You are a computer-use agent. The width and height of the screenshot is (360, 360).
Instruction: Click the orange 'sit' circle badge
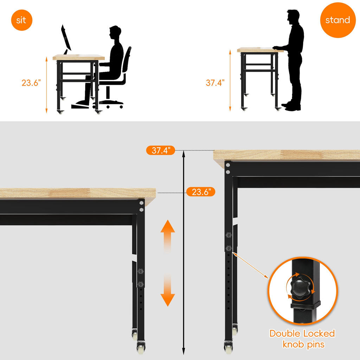tap(21, 20)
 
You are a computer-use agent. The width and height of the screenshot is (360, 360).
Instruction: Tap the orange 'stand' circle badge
tap(338, 20)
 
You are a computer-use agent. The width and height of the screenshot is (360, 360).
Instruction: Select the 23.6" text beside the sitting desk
tap(31, 83)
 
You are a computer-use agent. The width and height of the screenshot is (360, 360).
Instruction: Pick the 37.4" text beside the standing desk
tap(215, 83)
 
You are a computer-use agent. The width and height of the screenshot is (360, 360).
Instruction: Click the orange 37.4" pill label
tap(161, 150)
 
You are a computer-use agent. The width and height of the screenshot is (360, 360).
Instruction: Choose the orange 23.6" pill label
tap(201, 192)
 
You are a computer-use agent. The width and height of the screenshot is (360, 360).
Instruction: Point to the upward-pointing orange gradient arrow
tap(168, 237)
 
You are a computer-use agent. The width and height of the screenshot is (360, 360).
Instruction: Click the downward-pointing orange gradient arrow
tap(168, 290)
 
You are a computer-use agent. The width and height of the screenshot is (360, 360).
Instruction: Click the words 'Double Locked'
tap(302, 334)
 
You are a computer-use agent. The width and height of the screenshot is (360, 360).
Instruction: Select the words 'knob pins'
tap(303, 345)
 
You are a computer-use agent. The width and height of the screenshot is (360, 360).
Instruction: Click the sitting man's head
tap(115, 32)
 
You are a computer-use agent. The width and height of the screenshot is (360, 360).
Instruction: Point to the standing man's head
tap(293, 17)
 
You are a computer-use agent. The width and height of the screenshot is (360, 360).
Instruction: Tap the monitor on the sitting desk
tap(66, 38)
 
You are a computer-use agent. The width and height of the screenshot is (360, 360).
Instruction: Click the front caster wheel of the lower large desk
tap(141, 347)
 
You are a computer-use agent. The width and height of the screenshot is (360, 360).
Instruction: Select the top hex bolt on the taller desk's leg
tap(228, 165)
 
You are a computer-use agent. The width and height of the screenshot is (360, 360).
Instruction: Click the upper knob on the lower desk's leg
tap(141, 271)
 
